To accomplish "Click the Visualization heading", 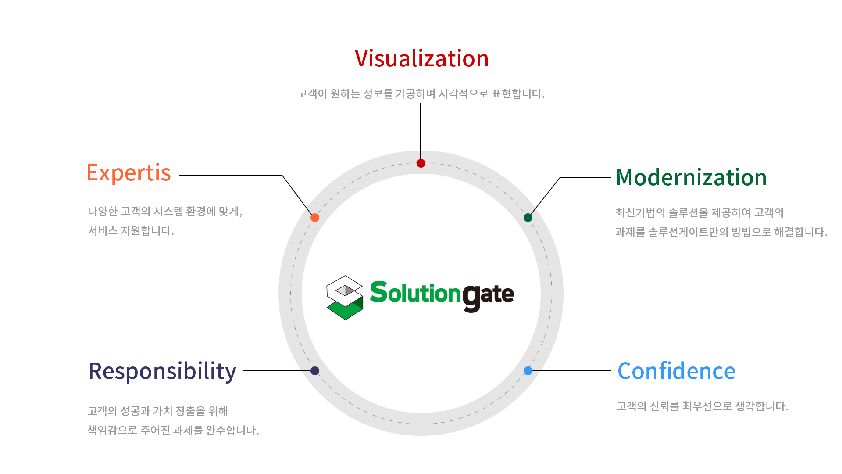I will click(x=421, y=58).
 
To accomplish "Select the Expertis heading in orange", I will click(x=129, y=173).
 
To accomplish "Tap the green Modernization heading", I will click(x=691, y=177).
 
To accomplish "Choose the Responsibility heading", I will click(x=162, y=372).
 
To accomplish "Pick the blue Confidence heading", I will click(x=676, y=371).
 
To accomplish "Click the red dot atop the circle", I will click(x=421, y=163).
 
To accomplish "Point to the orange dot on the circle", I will click(x=315, y=218).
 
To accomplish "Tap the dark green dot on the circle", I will click(x=528, y=218).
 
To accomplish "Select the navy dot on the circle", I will click(x=315, y=371).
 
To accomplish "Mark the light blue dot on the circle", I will click(x=528, y=371).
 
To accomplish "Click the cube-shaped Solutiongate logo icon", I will click(x=345, y=298).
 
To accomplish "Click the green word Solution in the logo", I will click(x=415, y=293).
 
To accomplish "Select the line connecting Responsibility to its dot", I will click(x=276, y=371).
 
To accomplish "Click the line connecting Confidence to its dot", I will click(x=570, y=371).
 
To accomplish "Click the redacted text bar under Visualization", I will click(x=421, y=93).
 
